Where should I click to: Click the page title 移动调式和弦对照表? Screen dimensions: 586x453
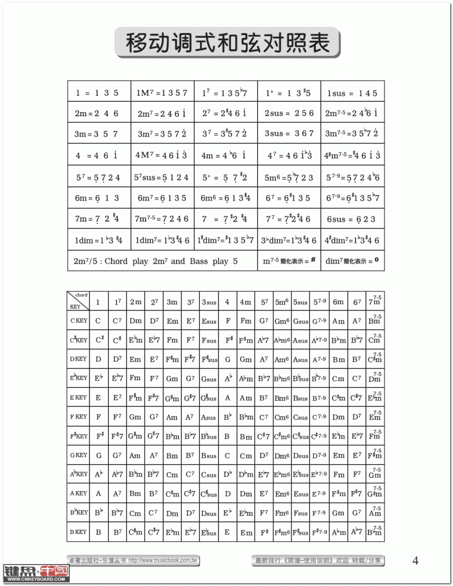pyautogui.click(x=228, y=42)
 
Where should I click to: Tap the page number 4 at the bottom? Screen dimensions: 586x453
pyautogui.click(x=416, y=561)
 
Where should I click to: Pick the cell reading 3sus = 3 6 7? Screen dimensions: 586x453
pyautogui.click(x=288, y=134)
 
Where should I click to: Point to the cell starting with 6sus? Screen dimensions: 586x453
pyautogui.click(x=352, y=219)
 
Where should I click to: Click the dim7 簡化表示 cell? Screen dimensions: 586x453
pyautogui.click(x=352, y=261)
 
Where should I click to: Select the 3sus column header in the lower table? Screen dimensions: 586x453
pyautogui.click(x=208, y=302)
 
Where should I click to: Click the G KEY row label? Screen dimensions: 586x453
pyautogui.click(x=79, y=455)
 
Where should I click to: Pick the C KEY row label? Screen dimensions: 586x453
pyautogui.click(x=79, y=321)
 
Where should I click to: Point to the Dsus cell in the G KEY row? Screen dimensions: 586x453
pyautogui.click(x=300, y=456)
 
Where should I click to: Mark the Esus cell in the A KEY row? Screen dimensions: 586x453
pyautogui.click(x=300, y=494)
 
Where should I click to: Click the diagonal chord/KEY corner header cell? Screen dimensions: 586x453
pyautogui.click(x=79, y=302)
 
